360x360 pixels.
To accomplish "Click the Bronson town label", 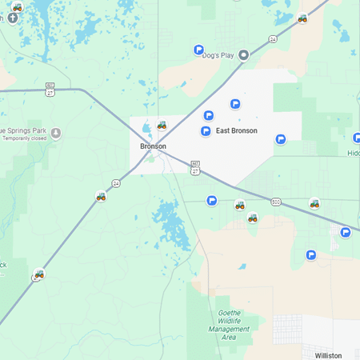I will [x=153, y=146].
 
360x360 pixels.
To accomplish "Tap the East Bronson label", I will [x=236, y=130].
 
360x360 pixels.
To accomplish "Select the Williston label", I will [x=328, y=355].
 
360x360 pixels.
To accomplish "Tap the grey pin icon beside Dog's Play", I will [x=244, y=54].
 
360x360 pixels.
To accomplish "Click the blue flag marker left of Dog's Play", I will [x=198, y=50].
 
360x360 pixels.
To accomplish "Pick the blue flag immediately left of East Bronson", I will [x=206, y=130].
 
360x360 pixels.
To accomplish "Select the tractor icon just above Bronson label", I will [x=162, y=126].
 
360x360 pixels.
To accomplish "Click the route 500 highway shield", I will [x=275, y=201].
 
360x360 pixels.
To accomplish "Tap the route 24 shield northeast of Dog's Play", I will [x=273, y=38].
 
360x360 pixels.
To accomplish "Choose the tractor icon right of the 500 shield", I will [x=314, y=203].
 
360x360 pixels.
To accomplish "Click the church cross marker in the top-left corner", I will [x=11, y=18].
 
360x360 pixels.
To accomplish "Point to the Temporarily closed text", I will [x=23, y=138].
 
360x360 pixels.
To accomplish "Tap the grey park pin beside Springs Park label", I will [x=55, y=133].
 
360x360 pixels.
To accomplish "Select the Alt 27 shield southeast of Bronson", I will [x=195, y=167].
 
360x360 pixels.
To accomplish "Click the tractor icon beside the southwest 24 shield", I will [x=39, y=274].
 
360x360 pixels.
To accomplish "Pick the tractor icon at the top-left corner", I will [x=18, y=7].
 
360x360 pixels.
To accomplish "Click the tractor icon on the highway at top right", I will [x=302, y=18].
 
